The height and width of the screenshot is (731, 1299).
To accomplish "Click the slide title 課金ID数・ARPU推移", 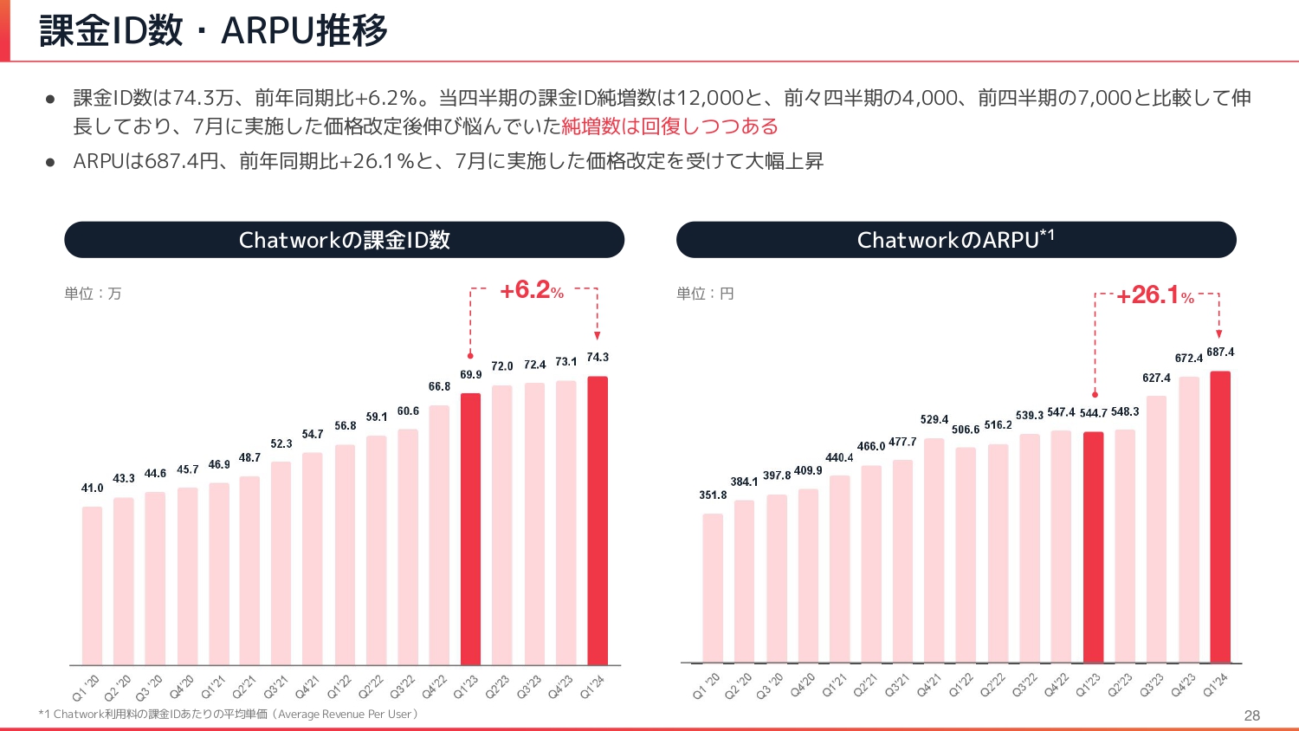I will pos(213,30).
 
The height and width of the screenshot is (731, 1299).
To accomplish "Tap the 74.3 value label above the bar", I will pos(598,357).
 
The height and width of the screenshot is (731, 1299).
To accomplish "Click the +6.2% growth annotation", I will pos(531,290).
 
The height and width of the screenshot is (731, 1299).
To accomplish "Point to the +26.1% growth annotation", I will pos(1154,295).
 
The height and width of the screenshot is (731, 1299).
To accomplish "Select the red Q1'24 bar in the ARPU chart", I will pos(1219,517).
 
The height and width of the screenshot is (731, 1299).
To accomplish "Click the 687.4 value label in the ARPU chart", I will pos(1220,352).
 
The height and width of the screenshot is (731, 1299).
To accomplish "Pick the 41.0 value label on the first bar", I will pos(93,488).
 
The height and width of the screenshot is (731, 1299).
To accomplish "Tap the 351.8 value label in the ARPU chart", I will pos(713,495).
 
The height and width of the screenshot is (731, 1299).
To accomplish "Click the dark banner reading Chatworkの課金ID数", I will pos(344,240).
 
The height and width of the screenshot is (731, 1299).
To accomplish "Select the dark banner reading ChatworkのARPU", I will pos(955,240).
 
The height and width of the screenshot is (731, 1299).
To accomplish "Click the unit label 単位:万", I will pos(93,294).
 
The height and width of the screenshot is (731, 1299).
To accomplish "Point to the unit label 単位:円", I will pos(705,294).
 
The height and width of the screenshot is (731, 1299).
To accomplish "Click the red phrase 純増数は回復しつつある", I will pos(669,126).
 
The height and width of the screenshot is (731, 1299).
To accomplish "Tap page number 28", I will pos(1251,715).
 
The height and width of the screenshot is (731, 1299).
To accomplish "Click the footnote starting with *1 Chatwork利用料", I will pos(229,715).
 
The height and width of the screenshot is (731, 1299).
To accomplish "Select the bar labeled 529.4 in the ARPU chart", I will pos(934,550).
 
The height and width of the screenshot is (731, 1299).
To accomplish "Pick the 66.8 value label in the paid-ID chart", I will pos(439,386).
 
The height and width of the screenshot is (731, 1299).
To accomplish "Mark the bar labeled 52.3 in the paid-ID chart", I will pos(281,563).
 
